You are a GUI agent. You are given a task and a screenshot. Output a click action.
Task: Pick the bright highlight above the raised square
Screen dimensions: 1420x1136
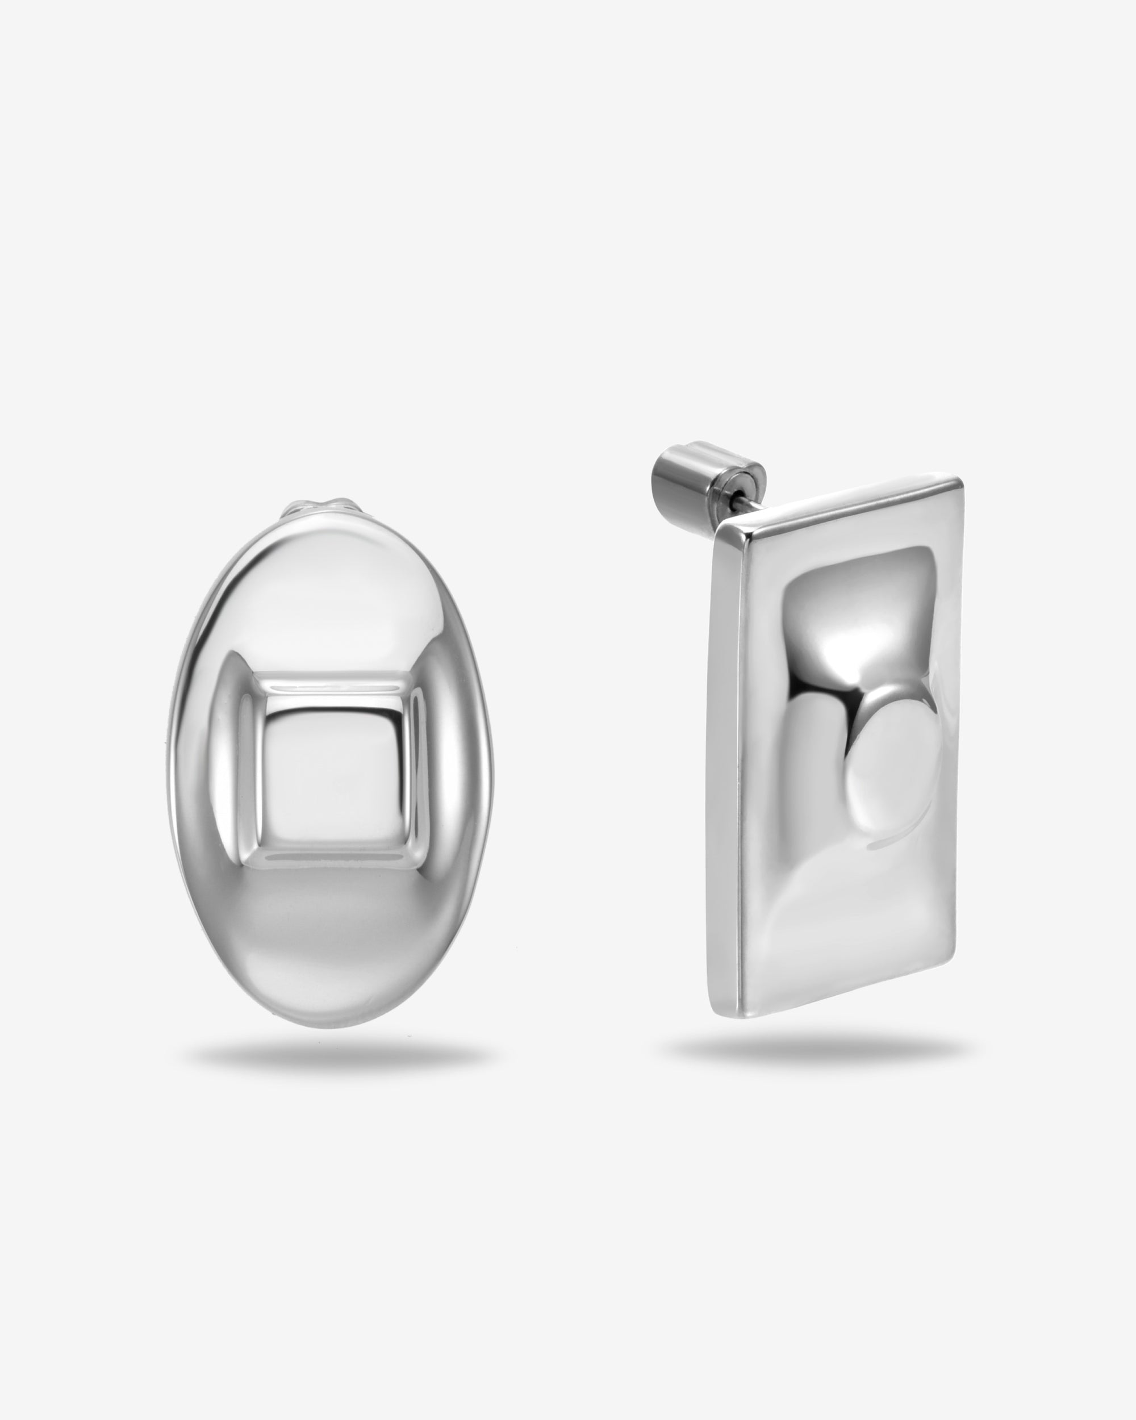point(329,593)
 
